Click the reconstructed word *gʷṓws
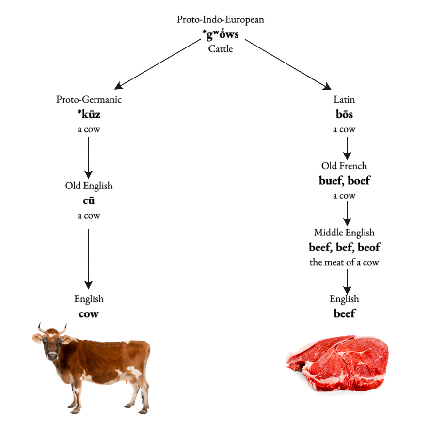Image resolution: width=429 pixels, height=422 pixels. click(x=221, y=34)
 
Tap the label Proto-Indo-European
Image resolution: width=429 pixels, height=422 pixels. click(x=221, y=20)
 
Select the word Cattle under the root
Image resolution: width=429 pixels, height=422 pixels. click(x=221, y=48)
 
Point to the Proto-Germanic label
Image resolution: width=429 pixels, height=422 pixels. click(x=89, y=100)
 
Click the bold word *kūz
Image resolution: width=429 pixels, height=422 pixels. click(x=89, y=115)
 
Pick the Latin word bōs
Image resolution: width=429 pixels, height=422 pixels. click(x=344, y=115)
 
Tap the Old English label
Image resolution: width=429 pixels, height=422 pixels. click(x=89, y=186)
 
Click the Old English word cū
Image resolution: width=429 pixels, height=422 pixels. click(x=89, y=201)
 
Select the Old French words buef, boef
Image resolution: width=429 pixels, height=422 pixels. click(x=344, y=181)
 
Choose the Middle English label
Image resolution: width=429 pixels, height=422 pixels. click(x=344, y=233)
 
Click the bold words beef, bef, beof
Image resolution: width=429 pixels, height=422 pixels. click(x=344, y=248)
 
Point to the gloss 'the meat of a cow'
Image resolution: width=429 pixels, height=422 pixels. click(x=344, y=262)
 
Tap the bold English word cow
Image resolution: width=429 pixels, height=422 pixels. click(x=89, y=314)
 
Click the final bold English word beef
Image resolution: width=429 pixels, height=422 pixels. click(x=344, y=313)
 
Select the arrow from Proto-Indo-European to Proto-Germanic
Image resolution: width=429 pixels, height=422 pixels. click(x=154, y=65)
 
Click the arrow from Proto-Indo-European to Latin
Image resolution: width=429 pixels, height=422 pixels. click(x=288, y=65)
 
